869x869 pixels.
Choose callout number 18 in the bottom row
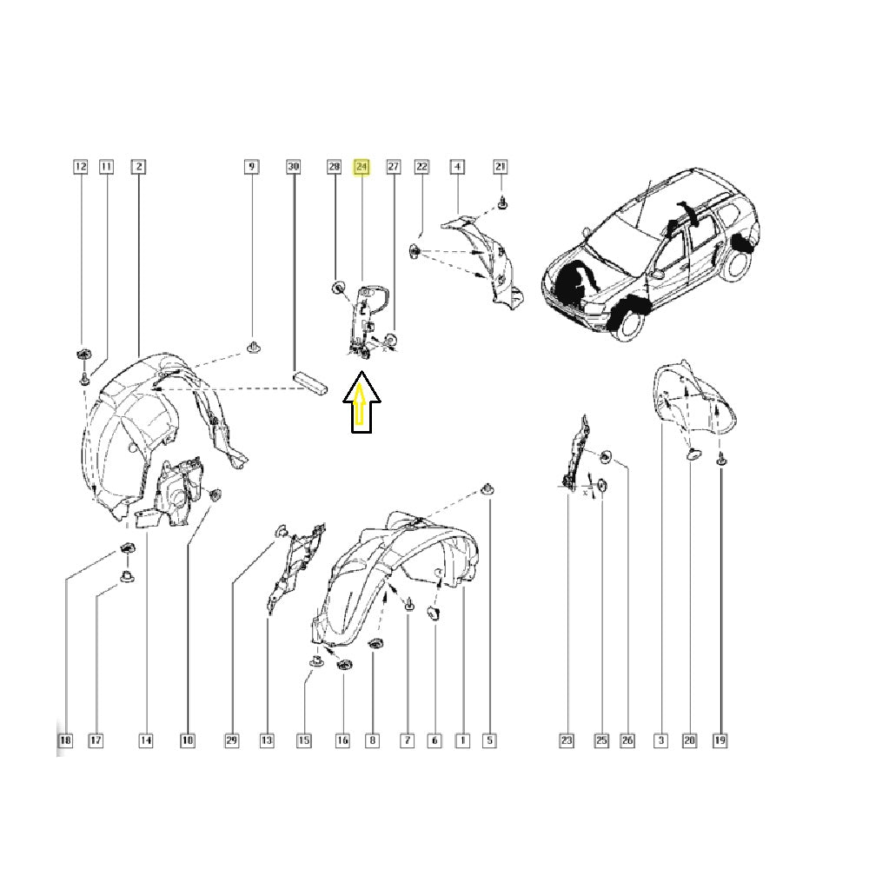click(65, 740)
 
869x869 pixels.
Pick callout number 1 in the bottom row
click(462, 740)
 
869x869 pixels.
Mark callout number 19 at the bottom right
click(720, 740)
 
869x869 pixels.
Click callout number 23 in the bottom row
click(567, 740)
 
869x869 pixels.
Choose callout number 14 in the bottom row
click(145, 740)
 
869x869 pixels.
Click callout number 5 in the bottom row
click(489, 740)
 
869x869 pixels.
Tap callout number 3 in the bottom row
click(660, 740)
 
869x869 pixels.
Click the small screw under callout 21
click(502, 203)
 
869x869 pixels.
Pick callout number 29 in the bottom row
click(231, 740)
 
